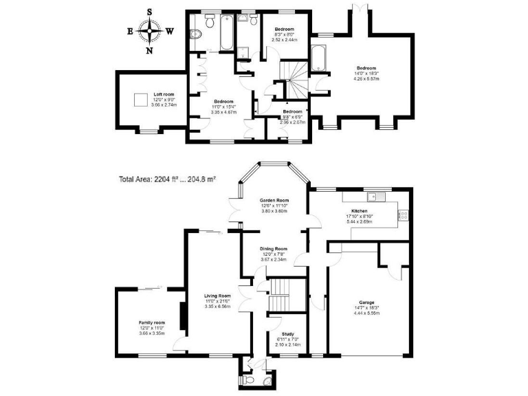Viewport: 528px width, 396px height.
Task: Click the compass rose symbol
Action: click(150, 30)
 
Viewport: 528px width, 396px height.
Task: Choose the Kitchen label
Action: click(359, 210)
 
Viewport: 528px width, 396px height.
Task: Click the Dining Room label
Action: click(273, 249)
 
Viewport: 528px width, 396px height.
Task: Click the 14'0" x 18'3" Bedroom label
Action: click(366, 67)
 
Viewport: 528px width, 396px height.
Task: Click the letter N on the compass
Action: click(150, 50)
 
